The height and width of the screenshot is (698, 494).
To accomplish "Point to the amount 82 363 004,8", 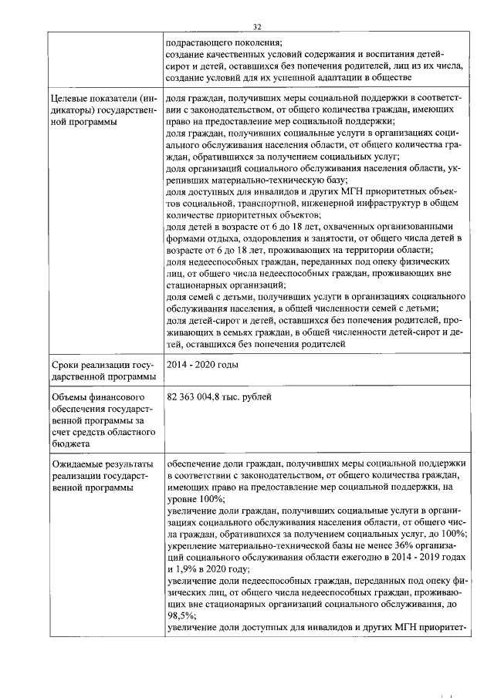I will point(202,397).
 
